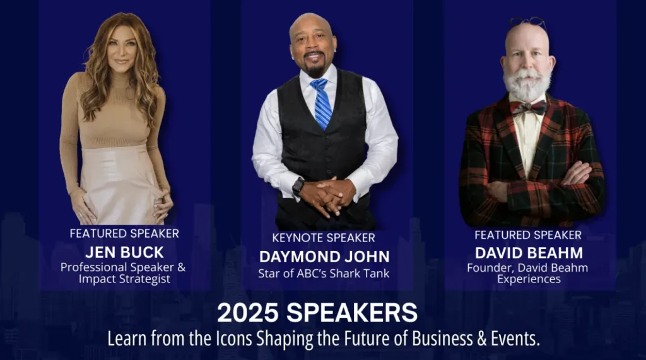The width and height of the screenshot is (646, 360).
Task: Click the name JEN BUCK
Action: coord(124,252)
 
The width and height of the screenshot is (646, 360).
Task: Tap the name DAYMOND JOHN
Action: coord(324,257)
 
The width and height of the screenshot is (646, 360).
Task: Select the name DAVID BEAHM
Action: coord(529,252)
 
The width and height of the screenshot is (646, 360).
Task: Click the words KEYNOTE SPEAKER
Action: coord(324,238)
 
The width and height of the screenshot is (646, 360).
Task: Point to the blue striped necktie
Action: coord(322,103)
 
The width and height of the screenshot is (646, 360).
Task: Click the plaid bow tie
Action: coord(528,108)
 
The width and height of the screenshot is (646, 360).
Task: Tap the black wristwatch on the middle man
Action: coord(298,186)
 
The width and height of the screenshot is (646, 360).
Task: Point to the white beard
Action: coord(527,85)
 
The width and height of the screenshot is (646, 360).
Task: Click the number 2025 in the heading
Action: coord(247,313)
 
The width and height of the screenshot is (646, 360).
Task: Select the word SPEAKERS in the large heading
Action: coord(352,313)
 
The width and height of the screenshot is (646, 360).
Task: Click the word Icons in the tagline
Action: coord(233,339)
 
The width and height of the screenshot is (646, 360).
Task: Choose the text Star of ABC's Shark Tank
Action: coord(324,274)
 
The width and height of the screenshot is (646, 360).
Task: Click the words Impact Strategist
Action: coord(124,279)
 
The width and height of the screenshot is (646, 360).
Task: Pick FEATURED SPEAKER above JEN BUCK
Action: coord(124,233)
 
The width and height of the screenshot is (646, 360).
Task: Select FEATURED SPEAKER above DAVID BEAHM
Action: coord(528,235)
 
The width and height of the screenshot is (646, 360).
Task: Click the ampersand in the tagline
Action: coord(481,339)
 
